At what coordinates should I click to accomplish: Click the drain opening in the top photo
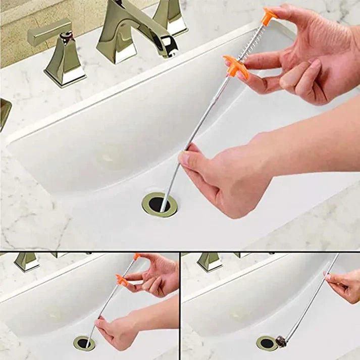159,204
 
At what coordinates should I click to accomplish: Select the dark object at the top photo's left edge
4,114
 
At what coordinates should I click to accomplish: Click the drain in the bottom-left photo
84,343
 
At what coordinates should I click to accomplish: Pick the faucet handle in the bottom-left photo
26,262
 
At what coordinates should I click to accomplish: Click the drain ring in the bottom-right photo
266,344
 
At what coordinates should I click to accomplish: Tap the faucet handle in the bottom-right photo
209,262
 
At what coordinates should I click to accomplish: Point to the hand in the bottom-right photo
345,285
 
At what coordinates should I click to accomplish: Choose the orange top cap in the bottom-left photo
137,257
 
